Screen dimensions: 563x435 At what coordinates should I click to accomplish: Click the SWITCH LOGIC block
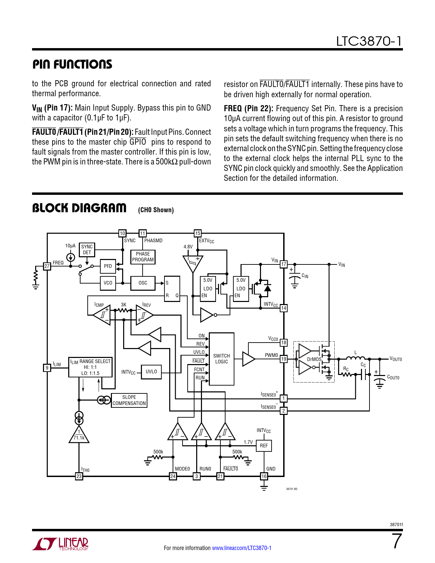point(221,359)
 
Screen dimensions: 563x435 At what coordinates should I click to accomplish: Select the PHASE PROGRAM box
point(143,257)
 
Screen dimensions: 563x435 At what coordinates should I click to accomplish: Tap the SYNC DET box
point(87,249)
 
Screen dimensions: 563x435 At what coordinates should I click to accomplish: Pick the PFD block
point(108,266)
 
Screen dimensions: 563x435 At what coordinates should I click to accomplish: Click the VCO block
point(108,283)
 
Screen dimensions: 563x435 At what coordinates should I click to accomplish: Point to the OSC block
point(143,283)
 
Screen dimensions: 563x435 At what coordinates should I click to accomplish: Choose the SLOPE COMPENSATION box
point(129,400)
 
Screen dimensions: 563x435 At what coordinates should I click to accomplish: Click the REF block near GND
point(264,446)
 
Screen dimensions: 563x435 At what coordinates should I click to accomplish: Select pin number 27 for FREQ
point(47,266)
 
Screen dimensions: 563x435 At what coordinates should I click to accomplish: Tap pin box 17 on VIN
point(284,264)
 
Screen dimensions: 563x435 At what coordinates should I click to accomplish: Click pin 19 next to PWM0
point(284,359)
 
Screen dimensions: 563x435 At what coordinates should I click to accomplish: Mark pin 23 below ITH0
point(79,476)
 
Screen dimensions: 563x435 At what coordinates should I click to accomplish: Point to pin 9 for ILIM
point(47,367)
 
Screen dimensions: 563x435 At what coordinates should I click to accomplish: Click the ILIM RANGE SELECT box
point(90,367)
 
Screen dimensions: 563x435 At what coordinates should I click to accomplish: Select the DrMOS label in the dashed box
point(314,359)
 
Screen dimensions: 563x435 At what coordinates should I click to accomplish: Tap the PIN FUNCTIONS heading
point(72,64)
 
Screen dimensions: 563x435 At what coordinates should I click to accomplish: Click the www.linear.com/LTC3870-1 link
point(242,548)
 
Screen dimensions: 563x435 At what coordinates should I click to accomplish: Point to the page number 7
point(396,541)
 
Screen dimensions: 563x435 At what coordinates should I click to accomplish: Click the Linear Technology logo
point(60,544)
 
